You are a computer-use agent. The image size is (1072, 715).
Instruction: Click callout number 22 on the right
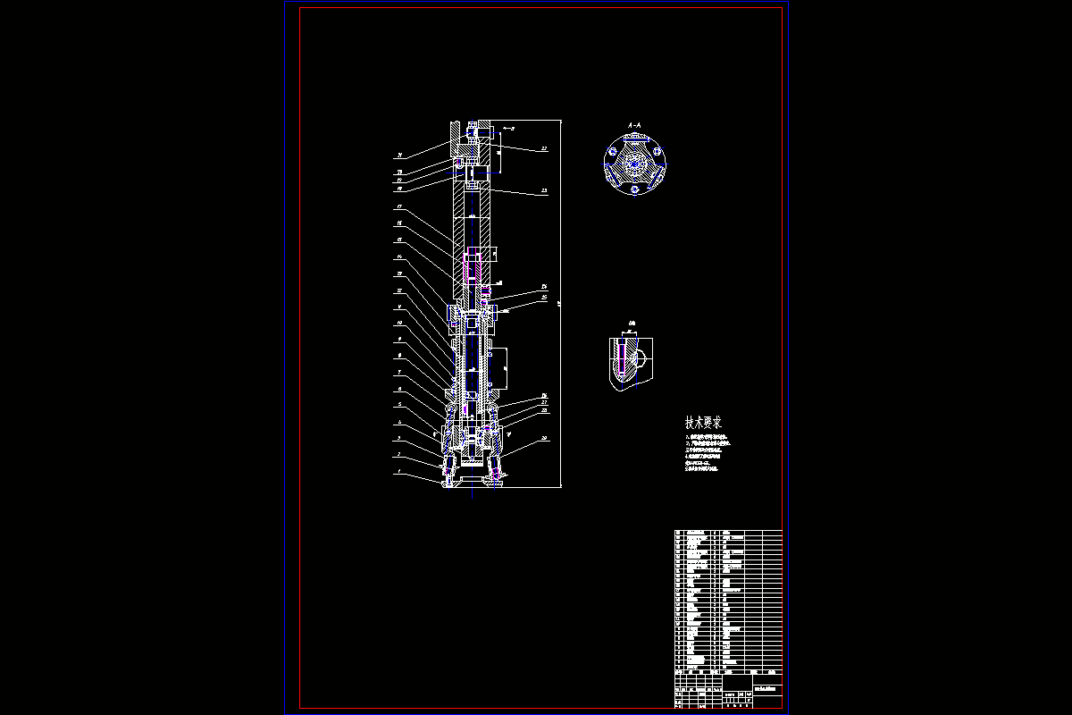[543, 149]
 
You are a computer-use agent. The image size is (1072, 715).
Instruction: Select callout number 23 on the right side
[543, 191]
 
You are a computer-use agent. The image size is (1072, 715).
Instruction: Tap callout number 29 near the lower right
[543, 439]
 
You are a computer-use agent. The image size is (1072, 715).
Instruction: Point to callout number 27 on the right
[543, 403]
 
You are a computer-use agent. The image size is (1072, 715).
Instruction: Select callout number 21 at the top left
[399, 156]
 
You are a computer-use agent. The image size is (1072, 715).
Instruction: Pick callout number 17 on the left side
[399, 207]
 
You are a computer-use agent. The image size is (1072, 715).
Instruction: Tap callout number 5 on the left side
[399, 406]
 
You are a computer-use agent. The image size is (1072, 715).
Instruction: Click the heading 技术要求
[704, 422]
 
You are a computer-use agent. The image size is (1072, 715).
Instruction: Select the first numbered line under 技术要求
[709, 436]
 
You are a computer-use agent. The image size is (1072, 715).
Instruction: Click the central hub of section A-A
[635, 165]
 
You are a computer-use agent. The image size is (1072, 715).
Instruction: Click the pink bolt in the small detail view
[622, 357]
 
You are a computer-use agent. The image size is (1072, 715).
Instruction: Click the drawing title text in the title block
[766, 689]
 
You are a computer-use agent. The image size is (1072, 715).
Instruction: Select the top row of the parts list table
[727, 534]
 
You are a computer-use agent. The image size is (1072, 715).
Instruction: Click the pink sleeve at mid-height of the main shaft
[472, 265]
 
